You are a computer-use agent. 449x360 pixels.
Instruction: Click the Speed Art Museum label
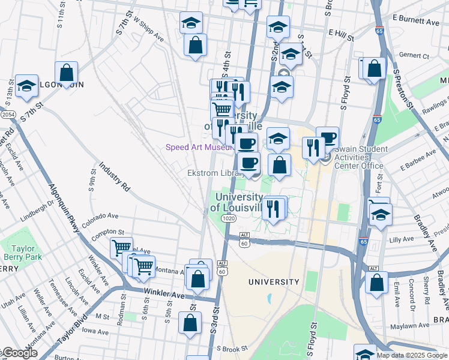coord(198,148)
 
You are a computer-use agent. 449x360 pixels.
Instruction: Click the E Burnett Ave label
coord(415,22)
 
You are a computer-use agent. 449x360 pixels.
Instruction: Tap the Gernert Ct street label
coord(414,56)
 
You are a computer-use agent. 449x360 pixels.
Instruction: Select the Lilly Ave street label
coord(402,239)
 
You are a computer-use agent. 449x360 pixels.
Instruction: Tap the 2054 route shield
coord(7,114)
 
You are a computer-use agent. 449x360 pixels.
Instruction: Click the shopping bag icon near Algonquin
coord(67,73)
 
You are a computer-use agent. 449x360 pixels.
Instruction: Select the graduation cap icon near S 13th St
coord(26,86)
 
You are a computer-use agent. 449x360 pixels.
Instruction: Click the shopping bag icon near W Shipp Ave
coord(195,44)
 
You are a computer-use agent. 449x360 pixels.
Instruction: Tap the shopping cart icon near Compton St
coord(122,247)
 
